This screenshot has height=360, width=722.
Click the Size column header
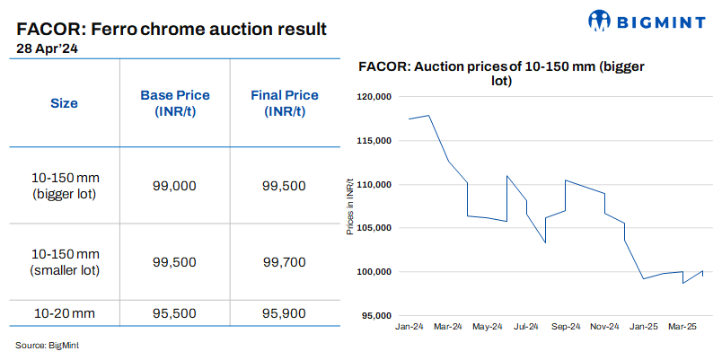[x=63, y=103]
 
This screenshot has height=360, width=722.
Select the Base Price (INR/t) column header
[x=175, y=103]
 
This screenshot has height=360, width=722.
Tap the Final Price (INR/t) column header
[x=284, y=103]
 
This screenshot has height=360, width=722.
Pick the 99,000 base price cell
[x=175, y=186]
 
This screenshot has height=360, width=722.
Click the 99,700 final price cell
[x=284, y=262]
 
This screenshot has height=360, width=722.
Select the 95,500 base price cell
[x=175, y=313]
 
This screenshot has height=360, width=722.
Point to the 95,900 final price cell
[x=284, y=313]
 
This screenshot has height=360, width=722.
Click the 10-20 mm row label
[x=63, y=313]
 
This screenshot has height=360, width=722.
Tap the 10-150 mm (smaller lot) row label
[x=63, y=262]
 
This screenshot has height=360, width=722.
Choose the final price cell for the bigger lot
[x=284, y=186]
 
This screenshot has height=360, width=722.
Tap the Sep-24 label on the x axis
[x=566, y=327]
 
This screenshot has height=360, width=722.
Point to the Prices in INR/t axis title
[x=350, y=206]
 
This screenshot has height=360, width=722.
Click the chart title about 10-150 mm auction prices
[x=502, y=74]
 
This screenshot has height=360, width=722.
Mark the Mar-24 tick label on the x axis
[x=448, y=327]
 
